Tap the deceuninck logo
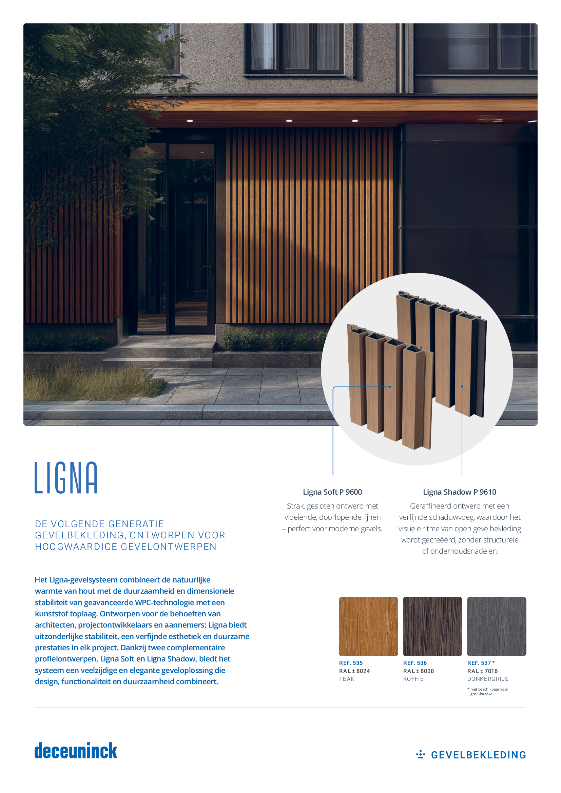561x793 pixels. point(76,751)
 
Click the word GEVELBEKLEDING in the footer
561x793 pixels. point(479,755)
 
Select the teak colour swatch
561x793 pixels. point(368,626)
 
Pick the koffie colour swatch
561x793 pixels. point(432,626)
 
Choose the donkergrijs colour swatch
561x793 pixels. point(497,626)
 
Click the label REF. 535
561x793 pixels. point(351,663)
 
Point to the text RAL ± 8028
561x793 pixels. point(418,671)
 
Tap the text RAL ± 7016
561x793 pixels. point(482,671)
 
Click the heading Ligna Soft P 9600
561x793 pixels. point(332,492)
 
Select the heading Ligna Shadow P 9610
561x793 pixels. point(460,492)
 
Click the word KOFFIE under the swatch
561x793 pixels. point(413,679)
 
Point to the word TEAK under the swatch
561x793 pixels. point(347,679)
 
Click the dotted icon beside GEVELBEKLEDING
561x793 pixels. point(420,754)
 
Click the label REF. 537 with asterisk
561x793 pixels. point(481,663)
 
